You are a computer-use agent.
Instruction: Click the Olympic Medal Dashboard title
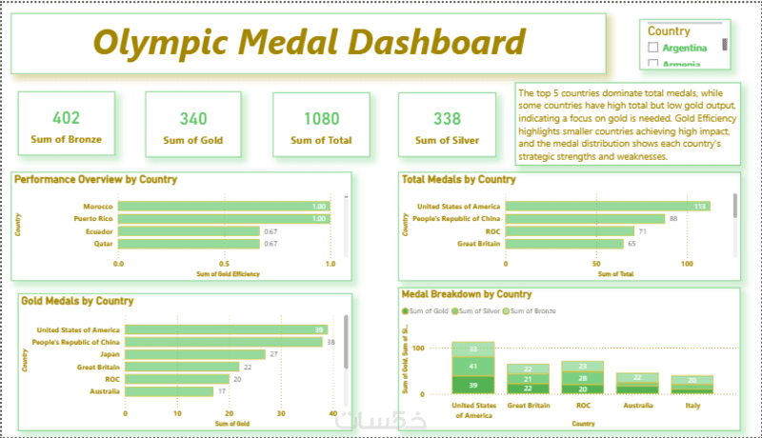[310, 43]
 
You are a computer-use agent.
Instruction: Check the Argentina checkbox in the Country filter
[653, 47]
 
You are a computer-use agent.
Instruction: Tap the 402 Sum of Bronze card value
[66, 118]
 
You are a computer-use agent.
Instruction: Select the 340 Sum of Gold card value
[193, 119]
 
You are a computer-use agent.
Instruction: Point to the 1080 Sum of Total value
[321, 119]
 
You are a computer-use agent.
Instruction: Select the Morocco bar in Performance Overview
[224, 207]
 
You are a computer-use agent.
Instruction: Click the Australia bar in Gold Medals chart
[169, 390]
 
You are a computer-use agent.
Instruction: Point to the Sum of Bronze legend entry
[531, 310]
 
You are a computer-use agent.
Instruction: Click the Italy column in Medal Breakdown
[692, 384]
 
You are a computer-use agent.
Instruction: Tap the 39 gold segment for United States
[473, 384]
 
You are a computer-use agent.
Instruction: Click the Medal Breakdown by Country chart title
[467, 295]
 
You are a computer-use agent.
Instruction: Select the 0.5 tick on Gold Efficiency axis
[224, 264]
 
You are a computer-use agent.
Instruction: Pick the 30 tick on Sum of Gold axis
[281, 413]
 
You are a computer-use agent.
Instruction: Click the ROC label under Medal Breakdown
[583, 404]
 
